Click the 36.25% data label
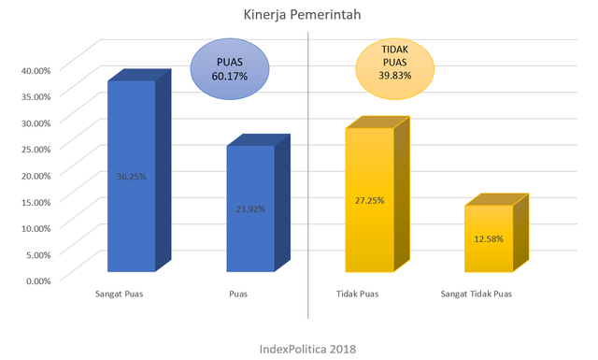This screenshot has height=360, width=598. pyautogui.click(x=132, y=176)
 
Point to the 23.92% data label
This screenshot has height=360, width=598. pyautogui.click(x=250, y=209)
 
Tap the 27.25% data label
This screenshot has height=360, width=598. pyautogui.click(x=370, y=200)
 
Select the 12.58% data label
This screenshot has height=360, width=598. pyautogui.click(x=489, y=238)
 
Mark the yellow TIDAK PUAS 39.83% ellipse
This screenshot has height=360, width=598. pyautogui.click(x=393, y=67)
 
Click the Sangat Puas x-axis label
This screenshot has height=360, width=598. pyautogui.click(x=125, y=295)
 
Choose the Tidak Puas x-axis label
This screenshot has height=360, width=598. pyautogui.click(x=356, y=295)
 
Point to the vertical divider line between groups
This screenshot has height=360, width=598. pyautogui.click(x=308, y=168)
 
